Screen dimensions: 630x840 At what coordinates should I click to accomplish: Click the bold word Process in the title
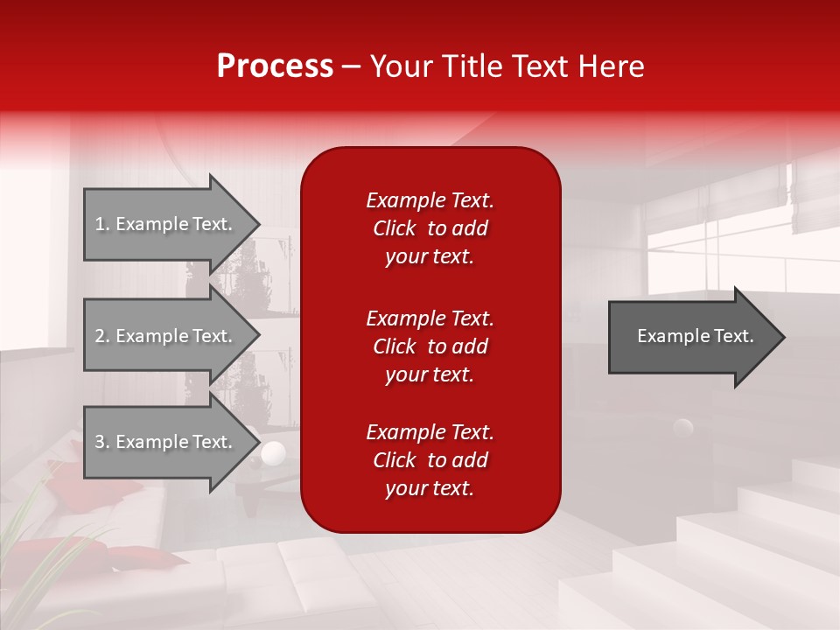pos(275,66)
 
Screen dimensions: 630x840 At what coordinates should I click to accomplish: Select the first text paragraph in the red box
pos(430,228)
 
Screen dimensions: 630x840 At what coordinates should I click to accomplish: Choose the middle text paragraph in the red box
pos(430,346)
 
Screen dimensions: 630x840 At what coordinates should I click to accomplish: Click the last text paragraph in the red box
pos(430,460)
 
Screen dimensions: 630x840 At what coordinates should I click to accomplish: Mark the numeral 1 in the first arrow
pos(100,224)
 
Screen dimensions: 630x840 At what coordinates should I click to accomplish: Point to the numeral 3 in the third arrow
pos(100,442)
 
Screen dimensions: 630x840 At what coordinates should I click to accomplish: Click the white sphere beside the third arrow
pos(274,452)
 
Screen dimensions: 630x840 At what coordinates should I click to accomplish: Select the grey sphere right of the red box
pos(682,428)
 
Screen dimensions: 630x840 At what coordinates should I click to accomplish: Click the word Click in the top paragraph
pos(394,228)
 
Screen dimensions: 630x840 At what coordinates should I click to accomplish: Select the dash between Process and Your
pos(351,66)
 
